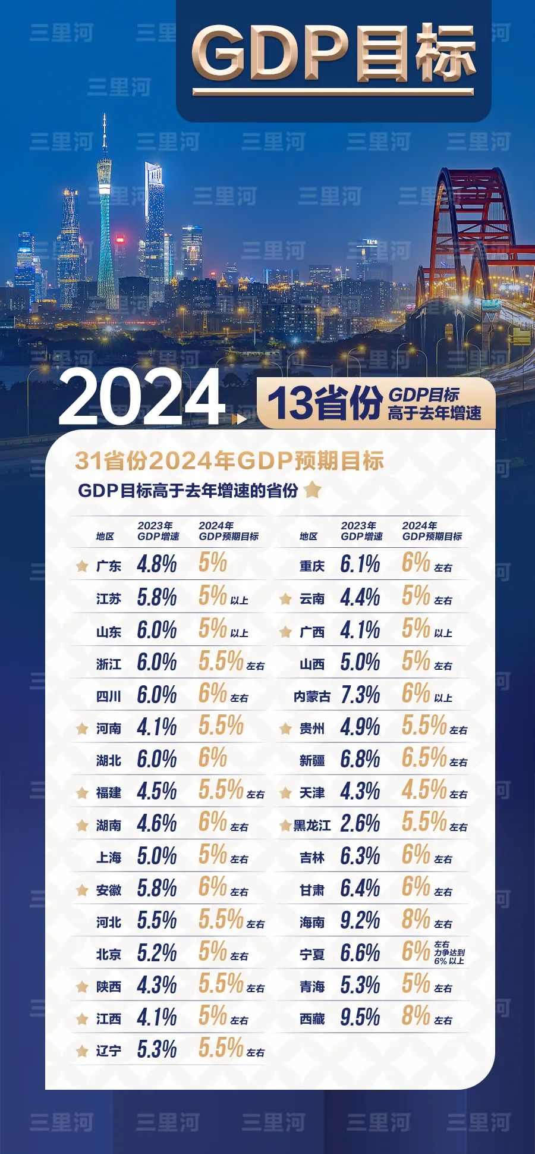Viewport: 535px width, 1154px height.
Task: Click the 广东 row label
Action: coord(109,566)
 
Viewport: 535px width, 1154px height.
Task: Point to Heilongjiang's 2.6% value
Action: coord(360,824)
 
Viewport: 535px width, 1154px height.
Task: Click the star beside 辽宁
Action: coord(83,1051)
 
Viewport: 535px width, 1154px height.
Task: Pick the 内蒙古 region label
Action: coord(311,696)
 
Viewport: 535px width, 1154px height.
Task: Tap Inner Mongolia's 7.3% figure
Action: coord(360,695)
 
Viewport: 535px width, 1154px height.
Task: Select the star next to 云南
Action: coord(285,599)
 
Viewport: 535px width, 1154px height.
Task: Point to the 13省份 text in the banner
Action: coord(324,403)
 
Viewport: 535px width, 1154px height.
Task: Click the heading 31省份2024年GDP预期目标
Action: coord(229,461)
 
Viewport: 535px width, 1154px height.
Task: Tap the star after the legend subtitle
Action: coord(312,490)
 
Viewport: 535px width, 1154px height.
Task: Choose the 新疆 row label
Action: coord(311,761)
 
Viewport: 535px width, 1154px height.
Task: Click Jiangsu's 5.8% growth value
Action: coord(156,597)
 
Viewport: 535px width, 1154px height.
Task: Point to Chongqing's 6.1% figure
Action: coord(360,565)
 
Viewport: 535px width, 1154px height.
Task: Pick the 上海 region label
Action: coord(109,857)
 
